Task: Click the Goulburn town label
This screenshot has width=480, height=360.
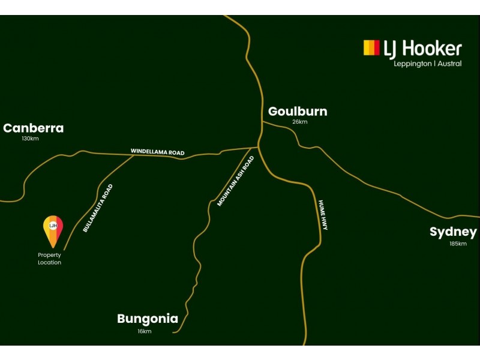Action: (x=298, y=112)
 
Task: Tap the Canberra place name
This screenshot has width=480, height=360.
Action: (x=34, y=128)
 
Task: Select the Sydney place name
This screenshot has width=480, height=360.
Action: (x=453, y=232)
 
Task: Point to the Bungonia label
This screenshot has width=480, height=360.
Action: (x=148, y=319)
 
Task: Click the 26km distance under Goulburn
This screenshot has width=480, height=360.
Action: (x=299, y=122)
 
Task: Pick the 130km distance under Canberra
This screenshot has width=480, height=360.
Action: (x=30, y=139)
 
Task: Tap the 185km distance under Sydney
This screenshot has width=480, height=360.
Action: (x=458, y=244)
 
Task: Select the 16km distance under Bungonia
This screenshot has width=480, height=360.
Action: (x=145, y=331)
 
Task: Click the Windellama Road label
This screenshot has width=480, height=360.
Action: (x=158, y=152)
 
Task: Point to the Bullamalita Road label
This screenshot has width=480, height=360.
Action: (x=98, y=208)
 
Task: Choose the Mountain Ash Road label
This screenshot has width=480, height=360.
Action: (x=236, y=181)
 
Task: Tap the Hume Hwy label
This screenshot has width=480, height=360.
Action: (x=323, y=215)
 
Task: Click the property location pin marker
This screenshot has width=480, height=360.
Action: (x=53, y=231)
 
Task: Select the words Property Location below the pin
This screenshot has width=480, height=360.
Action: (x=49, y=259)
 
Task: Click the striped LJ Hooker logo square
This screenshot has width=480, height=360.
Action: (x=371, y=48)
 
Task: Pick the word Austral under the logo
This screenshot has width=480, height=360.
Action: (x=449, y=64)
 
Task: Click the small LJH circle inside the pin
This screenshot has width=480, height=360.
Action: (x=53, y=226)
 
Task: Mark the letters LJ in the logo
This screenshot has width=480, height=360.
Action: (x=391, y=49)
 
